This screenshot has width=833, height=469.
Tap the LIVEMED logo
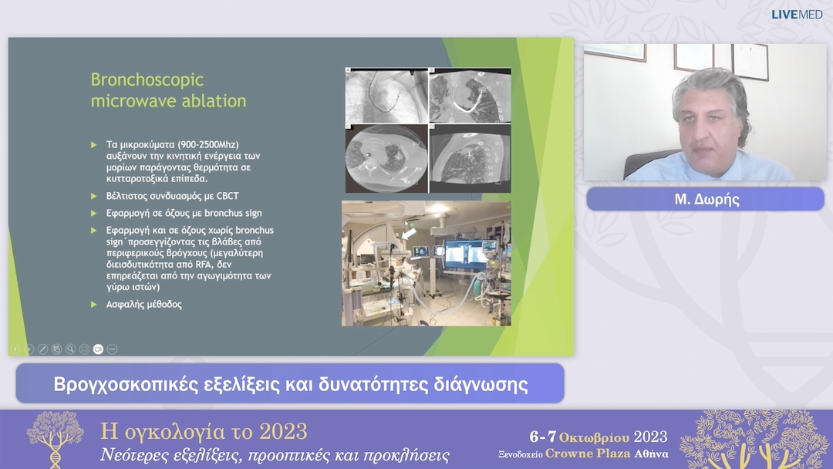tap(797, 15)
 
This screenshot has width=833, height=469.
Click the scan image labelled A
tap(386, 96)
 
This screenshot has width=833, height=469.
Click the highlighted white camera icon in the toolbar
tap(98, 349)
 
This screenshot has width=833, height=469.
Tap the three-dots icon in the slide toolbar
tap(112, 349)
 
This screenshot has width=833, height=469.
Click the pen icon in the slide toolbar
tap(42, 349)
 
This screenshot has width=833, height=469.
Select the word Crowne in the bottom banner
tap(574, 454)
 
